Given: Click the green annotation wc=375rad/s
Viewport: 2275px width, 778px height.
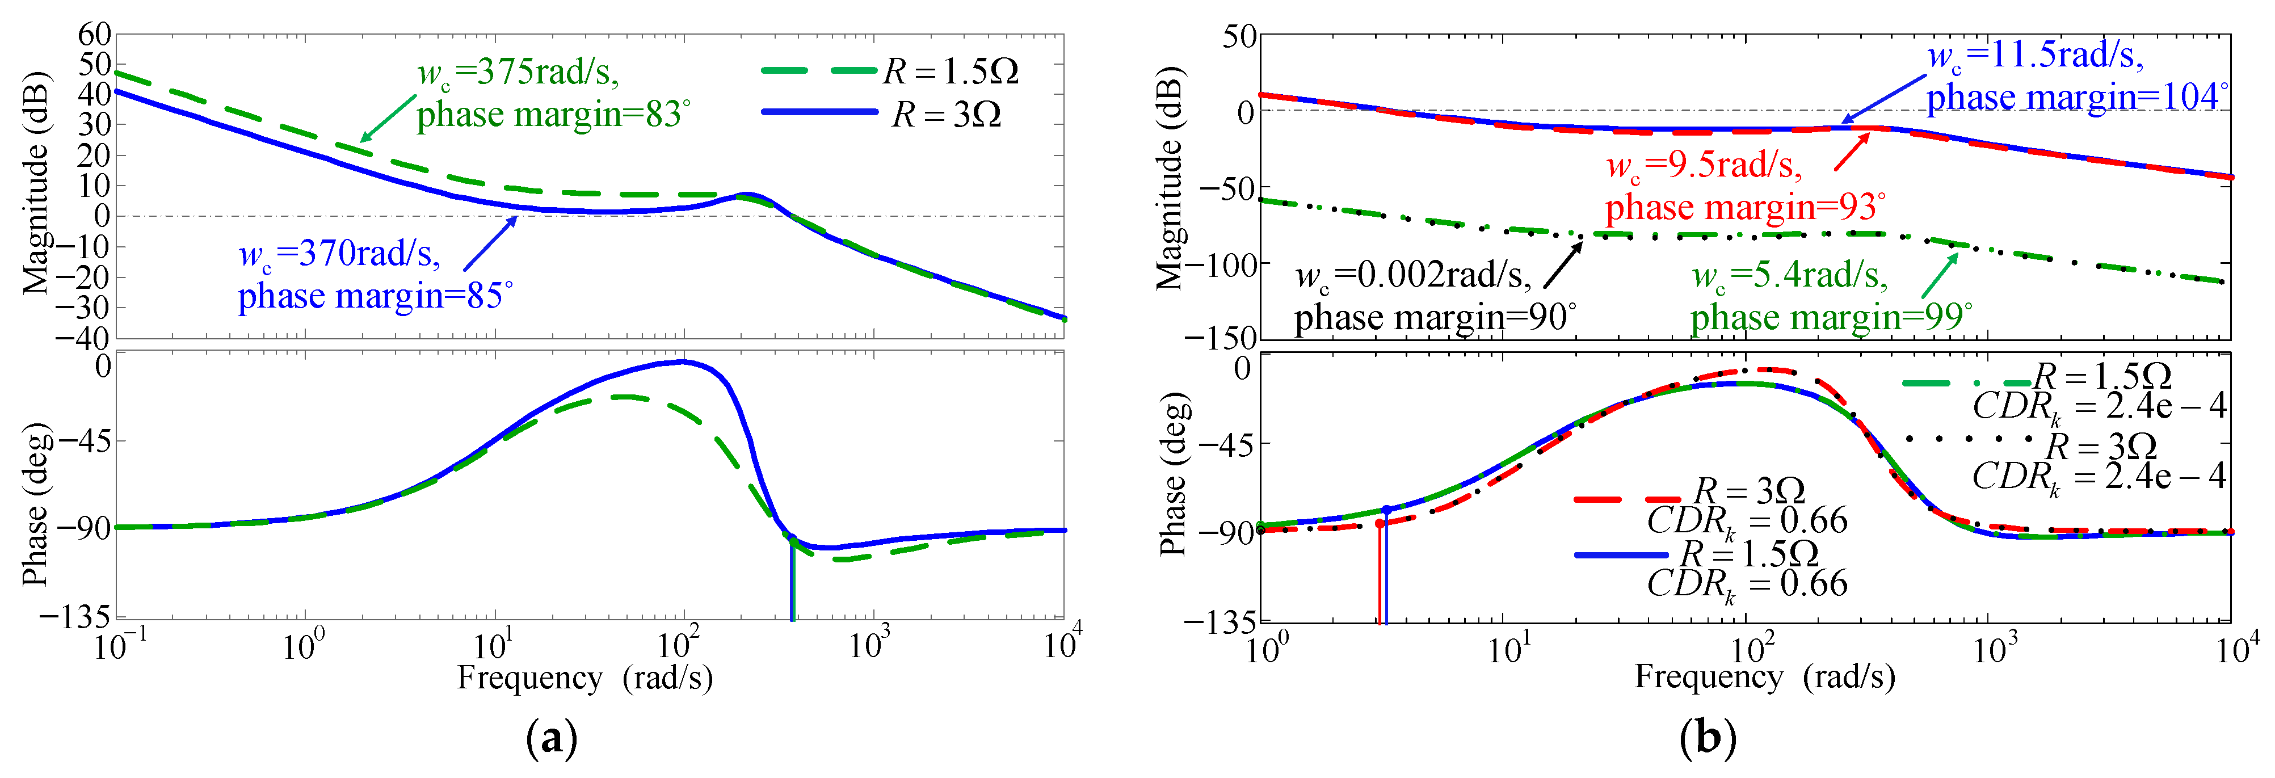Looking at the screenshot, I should click(x=519, y=72).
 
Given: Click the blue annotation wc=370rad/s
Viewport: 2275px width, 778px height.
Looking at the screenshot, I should click(x=339, y=254).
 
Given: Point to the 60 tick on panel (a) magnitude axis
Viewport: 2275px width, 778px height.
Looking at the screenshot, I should click(x=95, y=35).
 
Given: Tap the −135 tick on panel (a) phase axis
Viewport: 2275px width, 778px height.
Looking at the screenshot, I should click(x=75, y=616).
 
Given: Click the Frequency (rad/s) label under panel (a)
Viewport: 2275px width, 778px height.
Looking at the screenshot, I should click(x=584, y=678).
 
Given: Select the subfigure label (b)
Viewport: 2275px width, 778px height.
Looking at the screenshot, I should click(x=1706, y=737).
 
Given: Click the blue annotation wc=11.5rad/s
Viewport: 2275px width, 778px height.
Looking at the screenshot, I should click(x=2035, y=56).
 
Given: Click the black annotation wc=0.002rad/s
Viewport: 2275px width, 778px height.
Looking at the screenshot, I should click(x=1413, y=276).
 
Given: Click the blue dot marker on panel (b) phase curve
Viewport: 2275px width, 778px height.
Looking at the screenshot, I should click(x=1386, y=510).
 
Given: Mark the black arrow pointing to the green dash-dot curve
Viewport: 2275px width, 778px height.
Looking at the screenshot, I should click(x=1564, y=265).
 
